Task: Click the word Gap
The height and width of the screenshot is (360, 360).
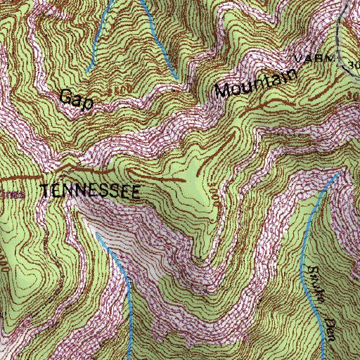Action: tap(77, 98)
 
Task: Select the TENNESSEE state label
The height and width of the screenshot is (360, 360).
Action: tap(91, 191)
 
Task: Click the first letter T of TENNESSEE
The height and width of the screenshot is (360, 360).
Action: tap(46, 191)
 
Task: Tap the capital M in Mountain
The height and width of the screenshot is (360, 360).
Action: tap(224, 91)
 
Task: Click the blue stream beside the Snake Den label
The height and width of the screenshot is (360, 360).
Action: tap(307, 239)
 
